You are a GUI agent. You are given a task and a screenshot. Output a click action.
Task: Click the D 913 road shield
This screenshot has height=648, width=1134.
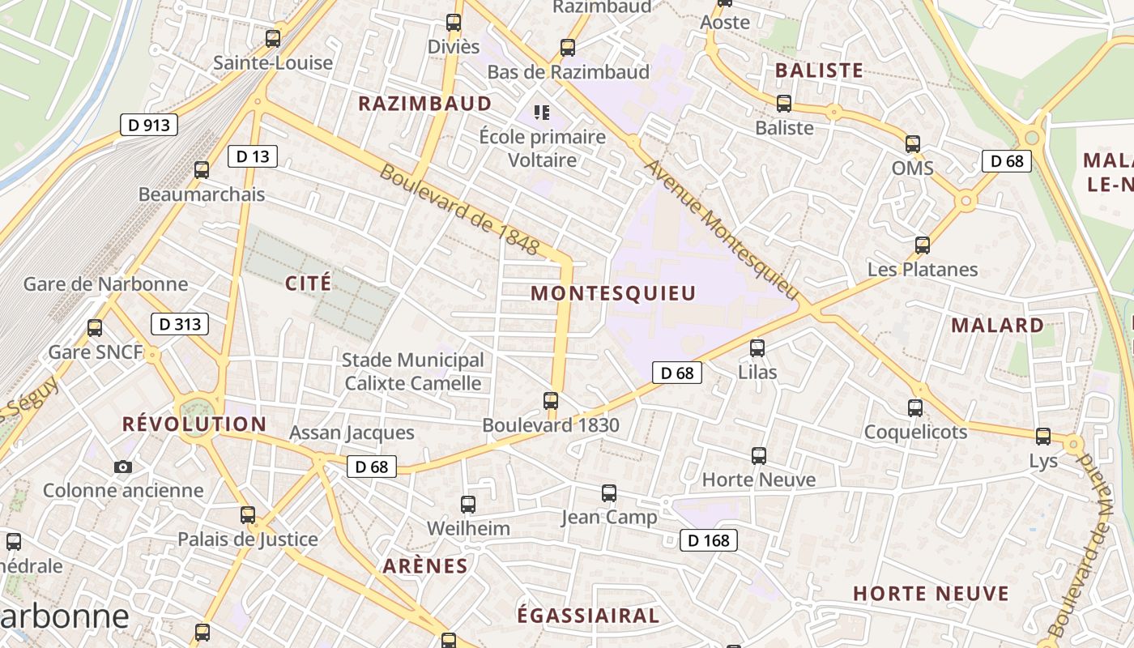pyautogui.click(x=149, y=125)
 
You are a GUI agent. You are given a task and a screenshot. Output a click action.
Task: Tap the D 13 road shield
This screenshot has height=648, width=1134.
pyautogui.click(x=253, y=156)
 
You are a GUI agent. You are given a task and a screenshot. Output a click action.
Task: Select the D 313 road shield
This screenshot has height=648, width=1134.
pyautogui.click(x=180, y=325)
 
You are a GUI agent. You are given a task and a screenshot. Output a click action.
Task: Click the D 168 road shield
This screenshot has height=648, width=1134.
pyautogui.click(x=709, y=540)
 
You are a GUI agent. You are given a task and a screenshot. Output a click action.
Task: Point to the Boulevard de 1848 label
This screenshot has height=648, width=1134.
pyautogui.click(x=458, y=210)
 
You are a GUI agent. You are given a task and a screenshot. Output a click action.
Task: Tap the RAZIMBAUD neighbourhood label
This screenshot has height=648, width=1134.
pyautogui.click(x=425, y=104)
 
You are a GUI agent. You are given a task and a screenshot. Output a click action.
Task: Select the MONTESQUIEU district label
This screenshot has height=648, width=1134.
pyautogui.click(x=613, y=293)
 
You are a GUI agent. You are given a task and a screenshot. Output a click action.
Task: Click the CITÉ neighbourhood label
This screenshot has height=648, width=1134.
pyautogui.click(x=309, y=283)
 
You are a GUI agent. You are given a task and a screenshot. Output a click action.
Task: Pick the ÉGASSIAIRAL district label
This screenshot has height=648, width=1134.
pyautogui.click(x=588, y=616)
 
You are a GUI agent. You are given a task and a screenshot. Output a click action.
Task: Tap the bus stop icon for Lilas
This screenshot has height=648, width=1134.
pyautogui.click(x=757, y=348)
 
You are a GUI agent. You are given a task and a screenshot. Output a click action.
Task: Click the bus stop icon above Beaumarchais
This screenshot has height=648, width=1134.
pyautogui.click(x=202, y=170)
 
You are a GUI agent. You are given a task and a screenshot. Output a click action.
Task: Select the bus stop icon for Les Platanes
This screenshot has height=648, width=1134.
pyautogui.click(x=922, y=245)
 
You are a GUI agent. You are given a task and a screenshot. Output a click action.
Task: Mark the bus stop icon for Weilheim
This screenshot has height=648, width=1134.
pyautogui.click(x=468, y=505)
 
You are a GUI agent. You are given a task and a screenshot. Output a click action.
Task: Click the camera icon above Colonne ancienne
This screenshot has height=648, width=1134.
pyautogui.click(x=123, y=467)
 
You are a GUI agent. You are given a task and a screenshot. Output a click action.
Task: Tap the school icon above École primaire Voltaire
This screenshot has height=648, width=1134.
pyautogui.click(x=542, y=112)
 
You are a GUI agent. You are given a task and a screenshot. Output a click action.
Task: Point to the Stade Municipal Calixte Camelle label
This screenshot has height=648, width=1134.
pyautogui.click(x=412, y=372)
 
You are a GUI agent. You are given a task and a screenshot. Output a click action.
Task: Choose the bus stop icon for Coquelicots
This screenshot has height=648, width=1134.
pyautogui.click(x=915, y=408)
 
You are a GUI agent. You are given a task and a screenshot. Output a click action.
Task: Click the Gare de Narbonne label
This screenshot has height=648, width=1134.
pyautogui.click(x=105, y=284)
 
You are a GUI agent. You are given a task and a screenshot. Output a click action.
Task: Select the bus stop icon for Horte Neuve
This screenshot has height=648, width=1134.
pyautogui.click(x=758, y=456)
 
